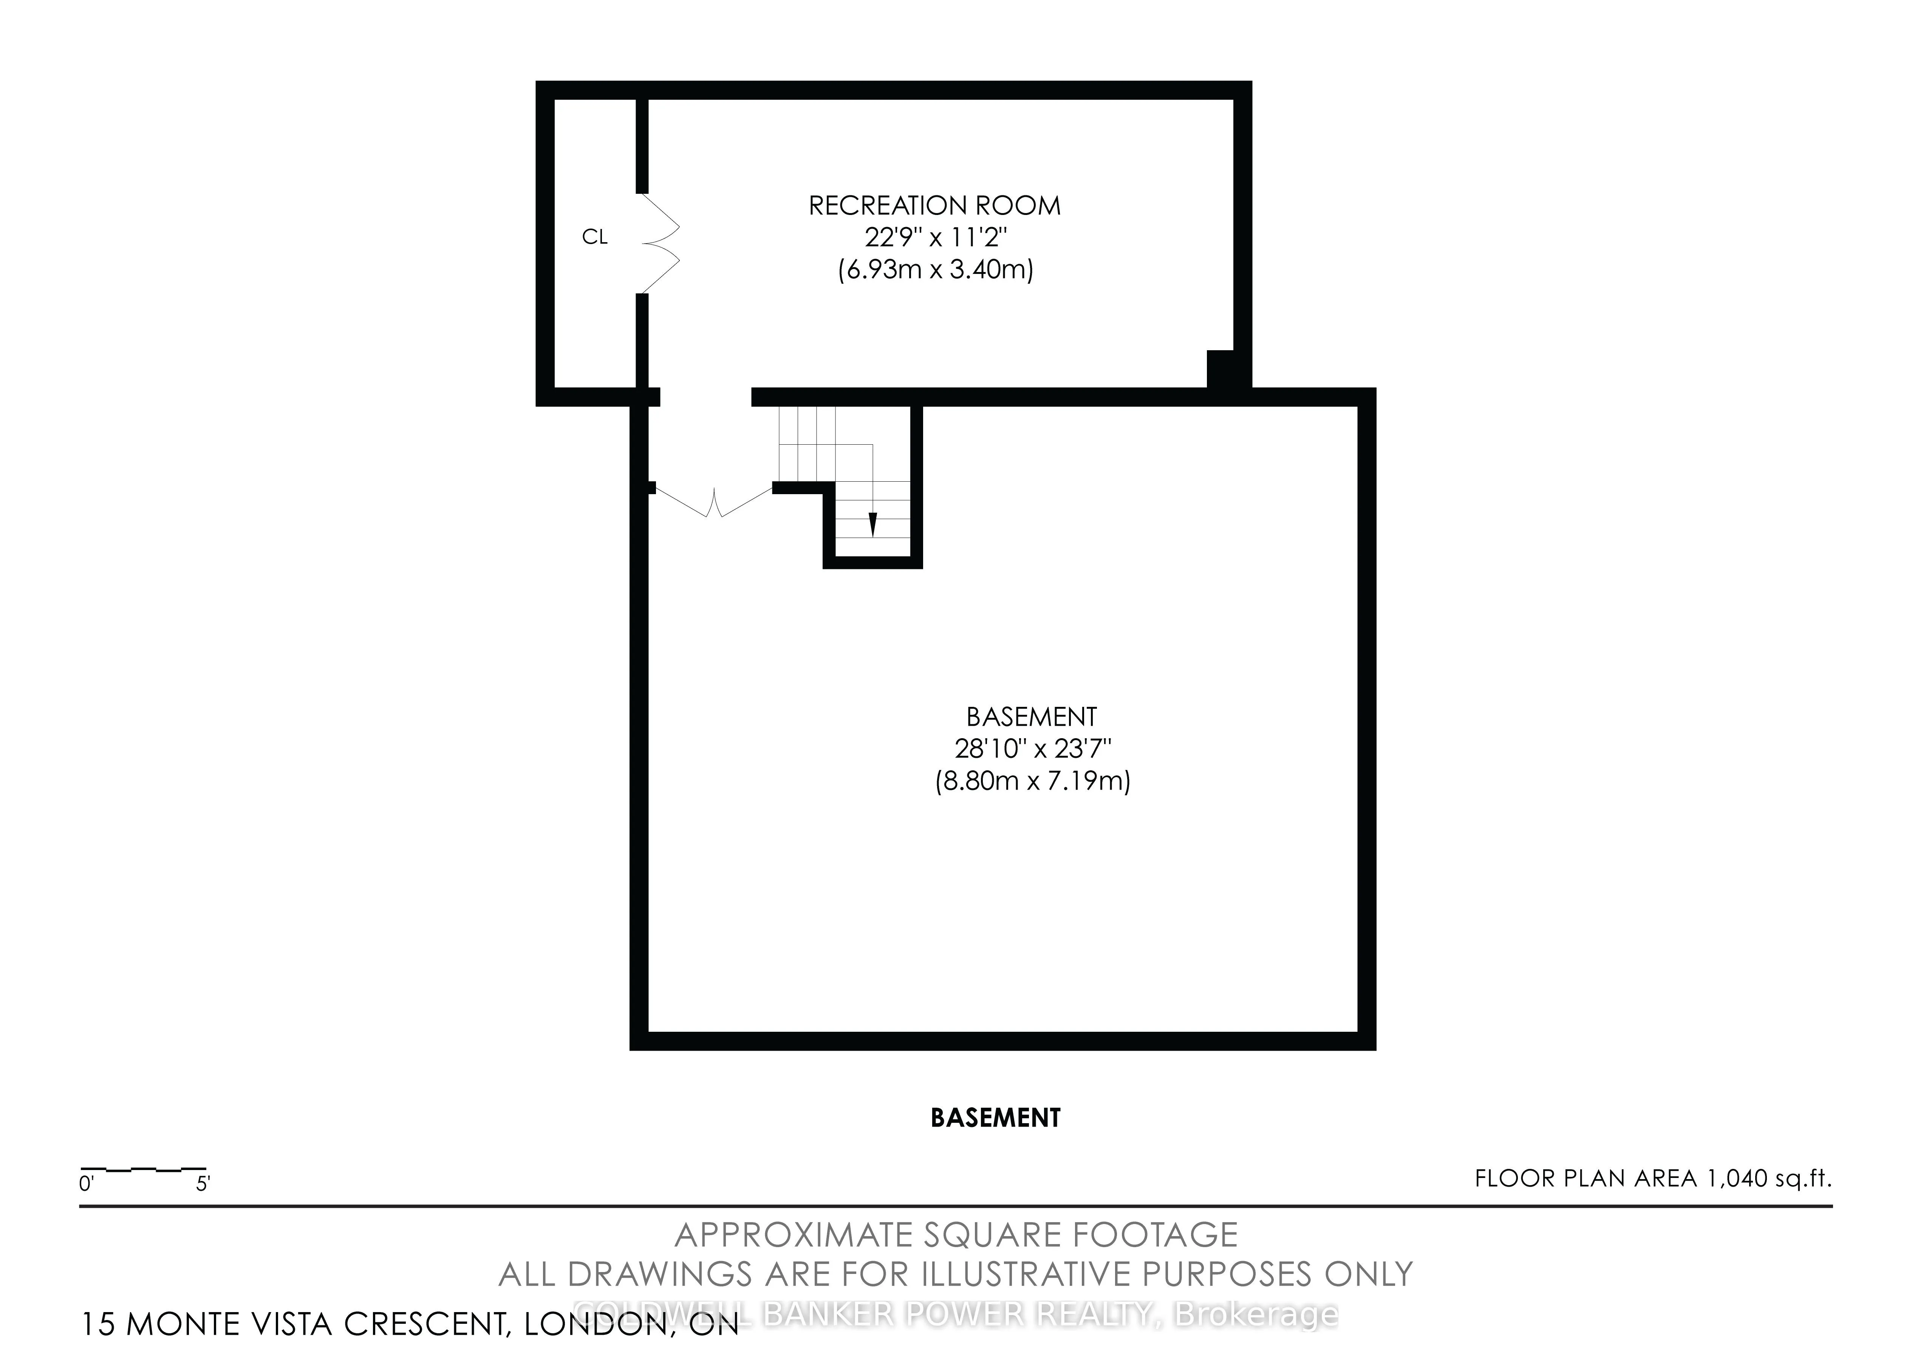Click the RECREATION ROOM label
934,206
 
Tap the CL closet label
595,237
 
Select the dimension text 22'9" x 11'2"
936,238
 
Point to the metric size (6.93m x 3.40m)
935,271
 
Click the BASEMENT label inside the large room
1031,717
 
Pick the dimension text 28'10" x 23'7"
1033,749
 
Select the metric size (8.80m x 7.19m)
1033,782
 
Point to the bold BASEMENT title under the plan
995,1118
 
